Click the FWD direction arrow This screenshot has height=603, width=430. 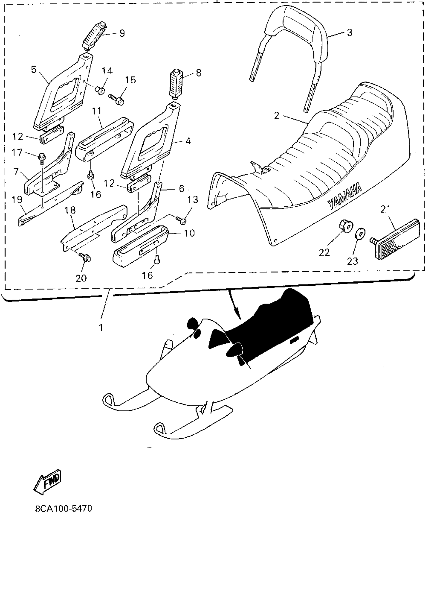click(x=48, y=483)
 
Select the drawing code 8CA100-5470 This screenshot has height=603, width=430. click(x=63, y=509)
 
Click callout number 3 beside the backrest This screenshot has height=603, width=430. click(x=350, y=33)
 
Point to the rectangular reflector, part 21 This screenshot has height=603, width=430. click(x=397, y=240)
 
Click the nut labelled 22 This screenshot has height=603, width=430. click(x=346, y=227)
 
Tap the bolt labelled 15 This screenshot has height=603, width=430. click(x=117, y=99)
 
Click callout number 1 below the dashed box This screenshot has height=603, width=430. click(x=101, y=328)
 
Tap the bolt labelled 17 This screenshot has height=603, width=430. click(x=42, y=157)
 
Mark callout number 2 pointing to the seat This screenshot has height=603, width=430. click(x=277, y=115)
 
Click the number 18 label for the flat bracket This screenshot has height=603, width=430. click(x=70, y=210)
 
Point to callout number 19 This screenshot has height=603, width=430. click(x=17, y=199)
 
